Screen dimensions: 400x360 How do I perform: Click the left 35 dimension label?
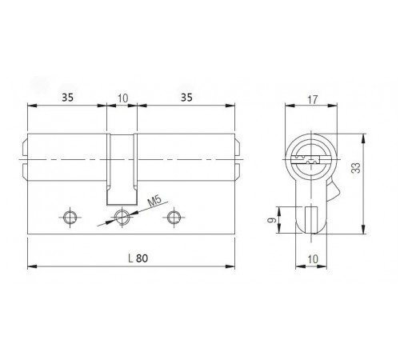point(67,98)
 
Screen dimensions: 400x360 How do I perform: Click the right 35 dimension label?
point(186,98)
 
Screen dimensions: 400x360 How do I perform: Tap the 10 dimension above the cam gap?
point(122,98)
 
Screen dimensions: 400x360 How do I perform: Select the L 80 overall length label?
point(138,258)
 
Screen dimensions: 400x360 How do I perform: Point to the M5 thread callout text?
point(154,201)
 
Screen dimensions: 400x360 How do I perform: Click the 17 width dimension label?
point(313,99)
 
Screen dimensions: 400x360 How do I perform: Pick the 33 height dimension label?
point(356,168)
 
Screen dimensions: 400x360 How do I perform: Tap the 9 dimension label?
point(272,220)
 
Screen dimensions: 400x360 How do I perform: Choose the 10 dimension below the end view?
point(313,259)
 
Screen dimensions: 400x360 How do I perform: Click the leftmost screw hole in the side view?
point(70,217)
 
